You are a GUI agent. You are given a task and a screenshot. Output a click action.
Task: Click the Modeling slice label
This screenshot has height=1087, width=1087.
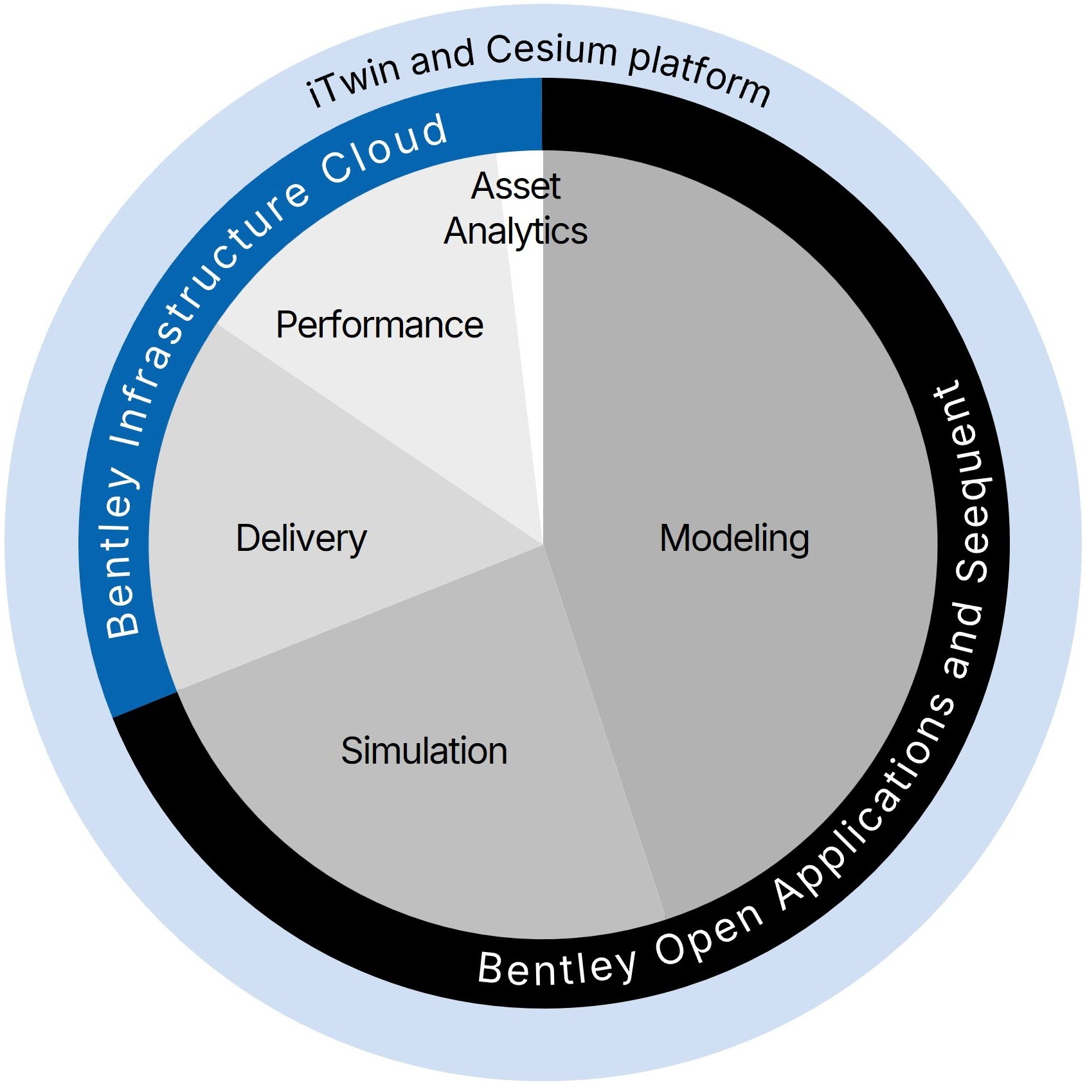734,539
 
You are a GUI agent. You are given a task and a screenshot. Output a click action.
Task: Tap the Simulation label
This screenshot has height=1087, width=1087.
424,751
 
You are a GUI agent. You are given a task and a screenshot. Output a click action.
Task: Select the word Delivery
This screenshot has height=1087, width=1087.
301,539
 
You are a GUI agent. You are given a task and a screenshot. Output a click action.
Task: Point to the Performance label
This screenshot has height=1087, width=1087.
379,325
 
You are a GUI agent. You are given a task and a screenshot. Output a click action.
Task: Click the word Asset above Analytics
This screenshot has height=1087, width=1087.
516,186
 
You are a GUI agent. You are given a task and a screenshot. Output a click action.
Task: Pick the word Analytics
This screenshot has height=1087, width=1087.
516,231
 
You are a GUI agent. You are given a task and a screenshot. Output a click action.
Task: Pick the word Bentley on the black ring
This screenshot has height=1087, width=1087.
557,968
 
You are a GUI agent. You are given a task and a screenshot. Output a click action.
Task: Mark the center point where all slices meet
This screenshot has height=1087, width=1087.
543,545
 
